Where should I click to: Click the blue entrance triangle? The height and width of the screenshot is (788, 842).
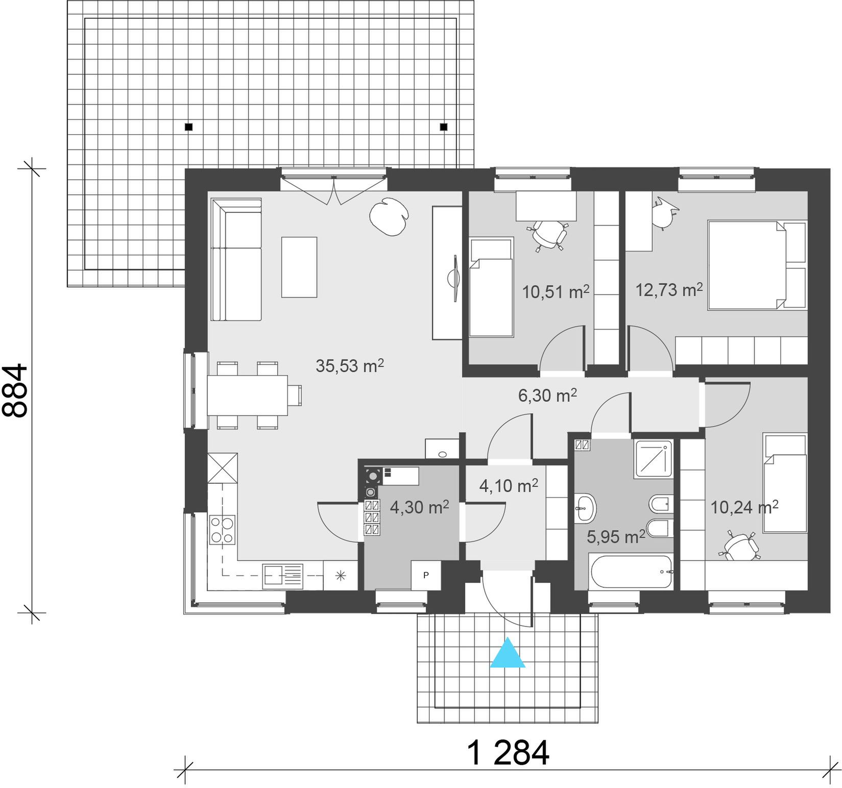point(508,653)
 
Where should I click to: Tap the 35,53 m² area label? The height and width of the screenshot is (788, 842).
point(350,365)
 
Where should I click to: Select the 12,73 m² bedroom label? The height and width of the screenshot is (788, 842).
point(669,290)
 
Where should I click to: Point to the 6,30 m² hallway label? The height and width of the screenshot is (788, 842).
point(548,395)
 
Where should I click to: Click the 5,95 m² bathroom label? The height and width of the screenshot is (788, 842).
point(616,536)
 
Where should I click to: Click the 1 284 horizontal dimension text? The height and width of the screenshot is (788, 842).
point(508,752)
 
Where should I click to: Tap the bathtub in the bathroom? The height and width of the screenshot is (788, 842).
point(631,572)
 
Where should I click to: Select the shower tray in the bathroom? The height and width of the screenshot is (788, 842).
point(653,459)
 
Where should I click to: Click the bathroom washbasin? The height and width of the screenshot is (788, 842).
point(585,508)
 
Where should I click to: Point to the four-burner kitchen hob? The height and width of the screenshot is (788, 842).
point(223,530)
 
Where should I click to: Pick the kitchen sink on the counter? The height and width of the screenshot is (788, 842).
point(283,575)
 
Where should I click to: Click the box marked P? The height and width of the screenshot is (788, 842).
point(426,575)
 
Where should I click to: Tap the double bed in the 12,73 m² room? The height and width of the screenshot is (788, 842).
point(757,265)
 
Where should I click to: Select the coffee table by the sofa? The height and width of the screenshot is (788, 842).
point(299,266)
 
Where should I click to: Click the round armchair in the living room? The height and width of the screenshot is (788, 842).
point(389,216)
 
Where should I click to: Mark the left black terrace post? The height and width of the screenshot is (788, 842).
point(189,127)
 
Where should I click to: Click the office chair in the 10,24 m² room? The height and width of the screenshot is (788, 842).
point(740,546)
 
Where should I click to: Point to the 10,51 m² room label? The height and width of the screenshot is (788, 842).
point(556,292)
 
